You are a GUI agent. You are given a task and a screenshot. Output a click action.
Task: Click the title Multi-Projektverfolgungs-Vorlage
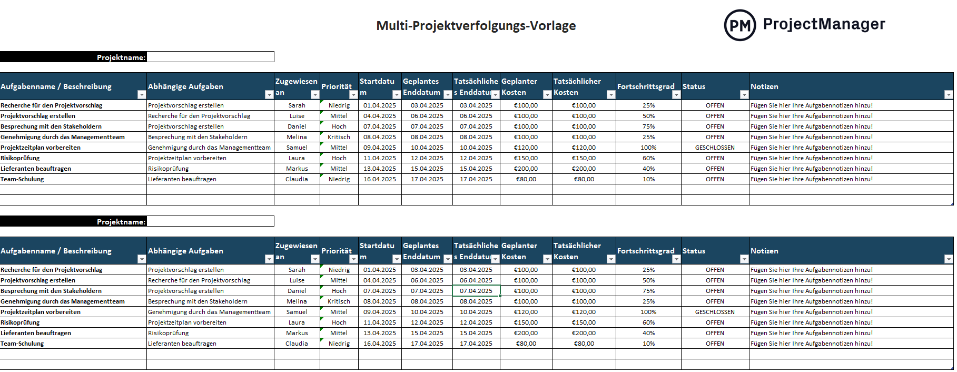(476, 26)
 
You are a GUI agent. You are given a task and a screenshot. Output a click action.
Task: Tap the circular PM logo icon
(739, 25)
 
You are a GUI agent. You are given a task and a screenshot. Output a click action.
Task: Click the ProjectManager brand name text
(824, 24)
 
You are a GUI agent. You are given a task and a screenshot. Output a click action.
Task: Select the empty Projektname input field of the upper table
(210, 57)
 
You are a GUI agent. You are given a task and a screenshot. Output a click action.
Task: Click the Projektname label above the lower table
(121, 222)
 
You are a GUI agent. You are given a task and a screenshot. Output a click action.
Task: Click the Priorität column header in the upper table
(336, 86)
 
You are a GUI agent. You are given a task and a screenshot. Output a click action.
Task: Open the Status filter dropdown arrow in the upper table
(744, 95)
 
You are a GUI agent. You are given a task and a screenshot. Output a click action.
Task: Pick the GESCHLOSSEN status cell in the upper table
(714, 148)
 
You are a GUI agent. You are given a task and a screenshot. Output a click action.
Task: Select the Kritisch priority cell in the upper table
(339, 137)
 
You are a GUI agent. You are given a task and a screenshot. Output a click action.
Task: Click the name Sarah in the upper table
(297, 105)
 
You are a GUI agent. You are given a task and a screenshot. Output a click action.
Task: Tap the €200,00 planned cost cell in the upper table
(526, 169)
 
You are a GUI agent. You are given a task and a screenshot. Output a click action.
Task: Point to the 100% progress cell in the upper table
(648, 148)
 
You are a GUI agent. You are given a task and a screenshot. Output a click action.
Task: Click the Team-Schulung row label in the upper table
(22, 179)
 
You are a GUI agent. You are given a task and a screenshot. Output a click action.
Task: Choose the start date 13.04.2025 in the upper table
(379, 169)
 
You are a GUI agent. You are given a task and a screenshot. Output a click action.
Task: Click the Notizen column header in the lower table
(764, 251)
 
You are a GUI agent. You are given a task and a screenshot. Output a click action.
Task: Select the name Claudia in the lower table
(297, 344)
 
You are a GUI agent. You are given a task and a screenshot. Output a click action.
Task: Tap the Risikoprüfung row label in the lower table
(20, 322)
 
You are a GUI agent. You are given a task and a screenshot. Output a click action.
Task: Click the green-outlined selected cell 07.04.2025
(476, 291)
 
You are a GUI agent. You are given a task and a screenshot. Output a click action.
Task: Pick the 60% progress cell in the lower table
(648, 322)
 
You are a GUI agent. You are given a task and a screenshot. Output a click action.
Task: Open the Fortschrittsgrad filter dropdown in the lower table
(676, 259)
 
